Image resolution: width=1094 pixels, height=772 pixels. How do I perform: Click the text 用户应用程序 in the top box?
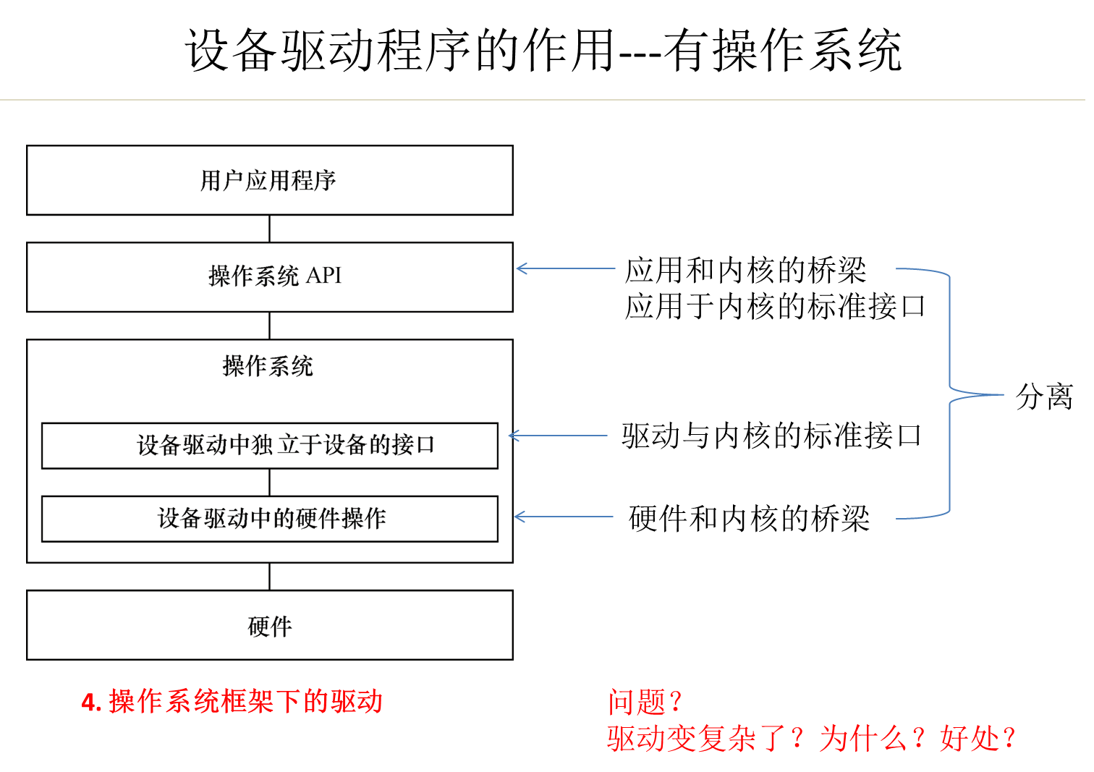268,180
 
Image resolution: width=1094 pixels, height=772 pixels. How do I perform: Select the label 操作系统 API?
274,276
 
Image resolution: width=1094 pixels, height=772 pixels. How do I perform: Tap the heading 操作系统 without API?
268,366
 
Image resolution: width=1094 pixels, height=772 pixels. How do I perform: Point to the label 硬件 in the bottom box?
270,626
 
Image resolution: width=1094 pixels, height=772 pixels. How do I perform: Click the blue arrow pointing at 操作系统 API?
565,268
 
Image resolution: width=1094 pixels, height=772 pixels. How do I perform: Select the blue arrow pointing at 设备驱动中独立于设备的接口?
558,436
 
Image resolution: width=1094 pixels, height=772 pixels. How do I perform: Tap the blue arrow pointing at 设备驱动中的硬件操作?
563,517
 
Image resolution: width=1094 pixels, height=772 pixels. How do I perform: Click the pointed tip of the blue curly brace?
1001,394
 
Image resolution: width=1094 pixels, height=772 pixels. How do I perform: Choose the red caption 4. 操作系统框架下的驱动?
232,702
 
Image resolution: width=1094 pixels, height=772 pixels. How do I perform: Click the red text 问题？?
645,702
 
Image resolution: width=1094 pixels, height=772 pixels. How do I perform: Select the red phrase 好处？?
978,739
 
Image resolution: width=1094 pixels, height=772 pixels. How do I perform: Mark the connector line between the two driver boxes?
269,483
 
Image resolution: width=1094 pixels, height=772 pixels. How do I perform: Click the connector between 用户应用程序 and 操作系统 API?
269,229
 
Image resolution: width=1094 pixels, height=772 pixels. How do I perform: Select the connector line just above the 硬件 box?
269,577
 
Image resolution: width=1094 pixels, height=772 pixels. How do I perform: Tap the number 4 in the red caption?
88,702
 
